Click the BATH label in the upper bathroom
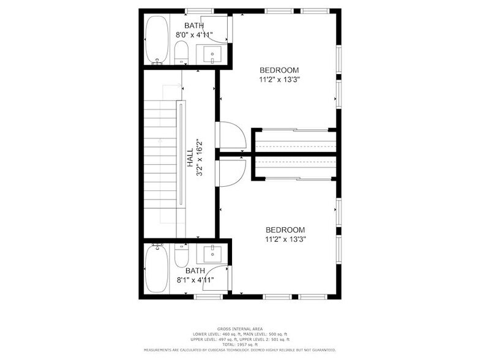(x=194, y=25)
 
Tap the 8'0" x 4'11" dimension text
(x=194, y=35)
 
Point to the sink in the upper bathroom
(x=212, y=54)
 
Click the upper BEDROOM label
(x=279, y=70)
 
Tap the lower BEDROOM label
(x=285, y=230)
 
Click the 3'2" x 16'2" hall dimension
(x=200, y=158)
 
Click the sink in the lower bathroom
(x=212, y=253)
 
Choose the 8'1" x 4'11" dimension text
(x=195, y=280)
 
